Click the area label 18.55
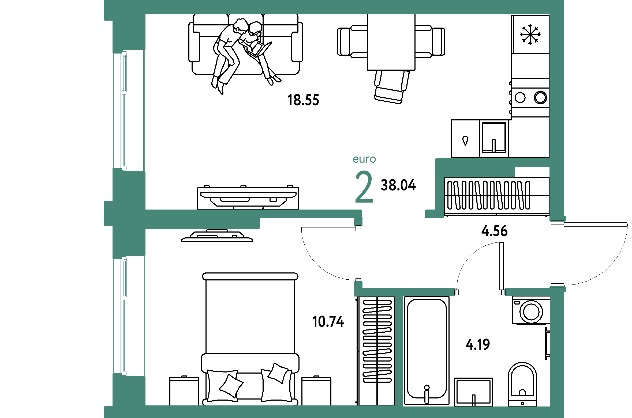(x=303, y=100)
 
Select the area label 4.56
(x=494, y=231)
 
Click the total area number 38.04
(x=398, y=185)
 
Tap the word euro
(x=364, y=159)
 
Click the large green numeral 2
(x=364, y=187)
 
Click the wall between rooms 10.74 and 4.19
(x=399, y=351)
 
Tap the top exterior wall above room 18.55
(x=335, y=7)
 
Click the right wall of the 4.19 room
(x=557, y=351)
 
